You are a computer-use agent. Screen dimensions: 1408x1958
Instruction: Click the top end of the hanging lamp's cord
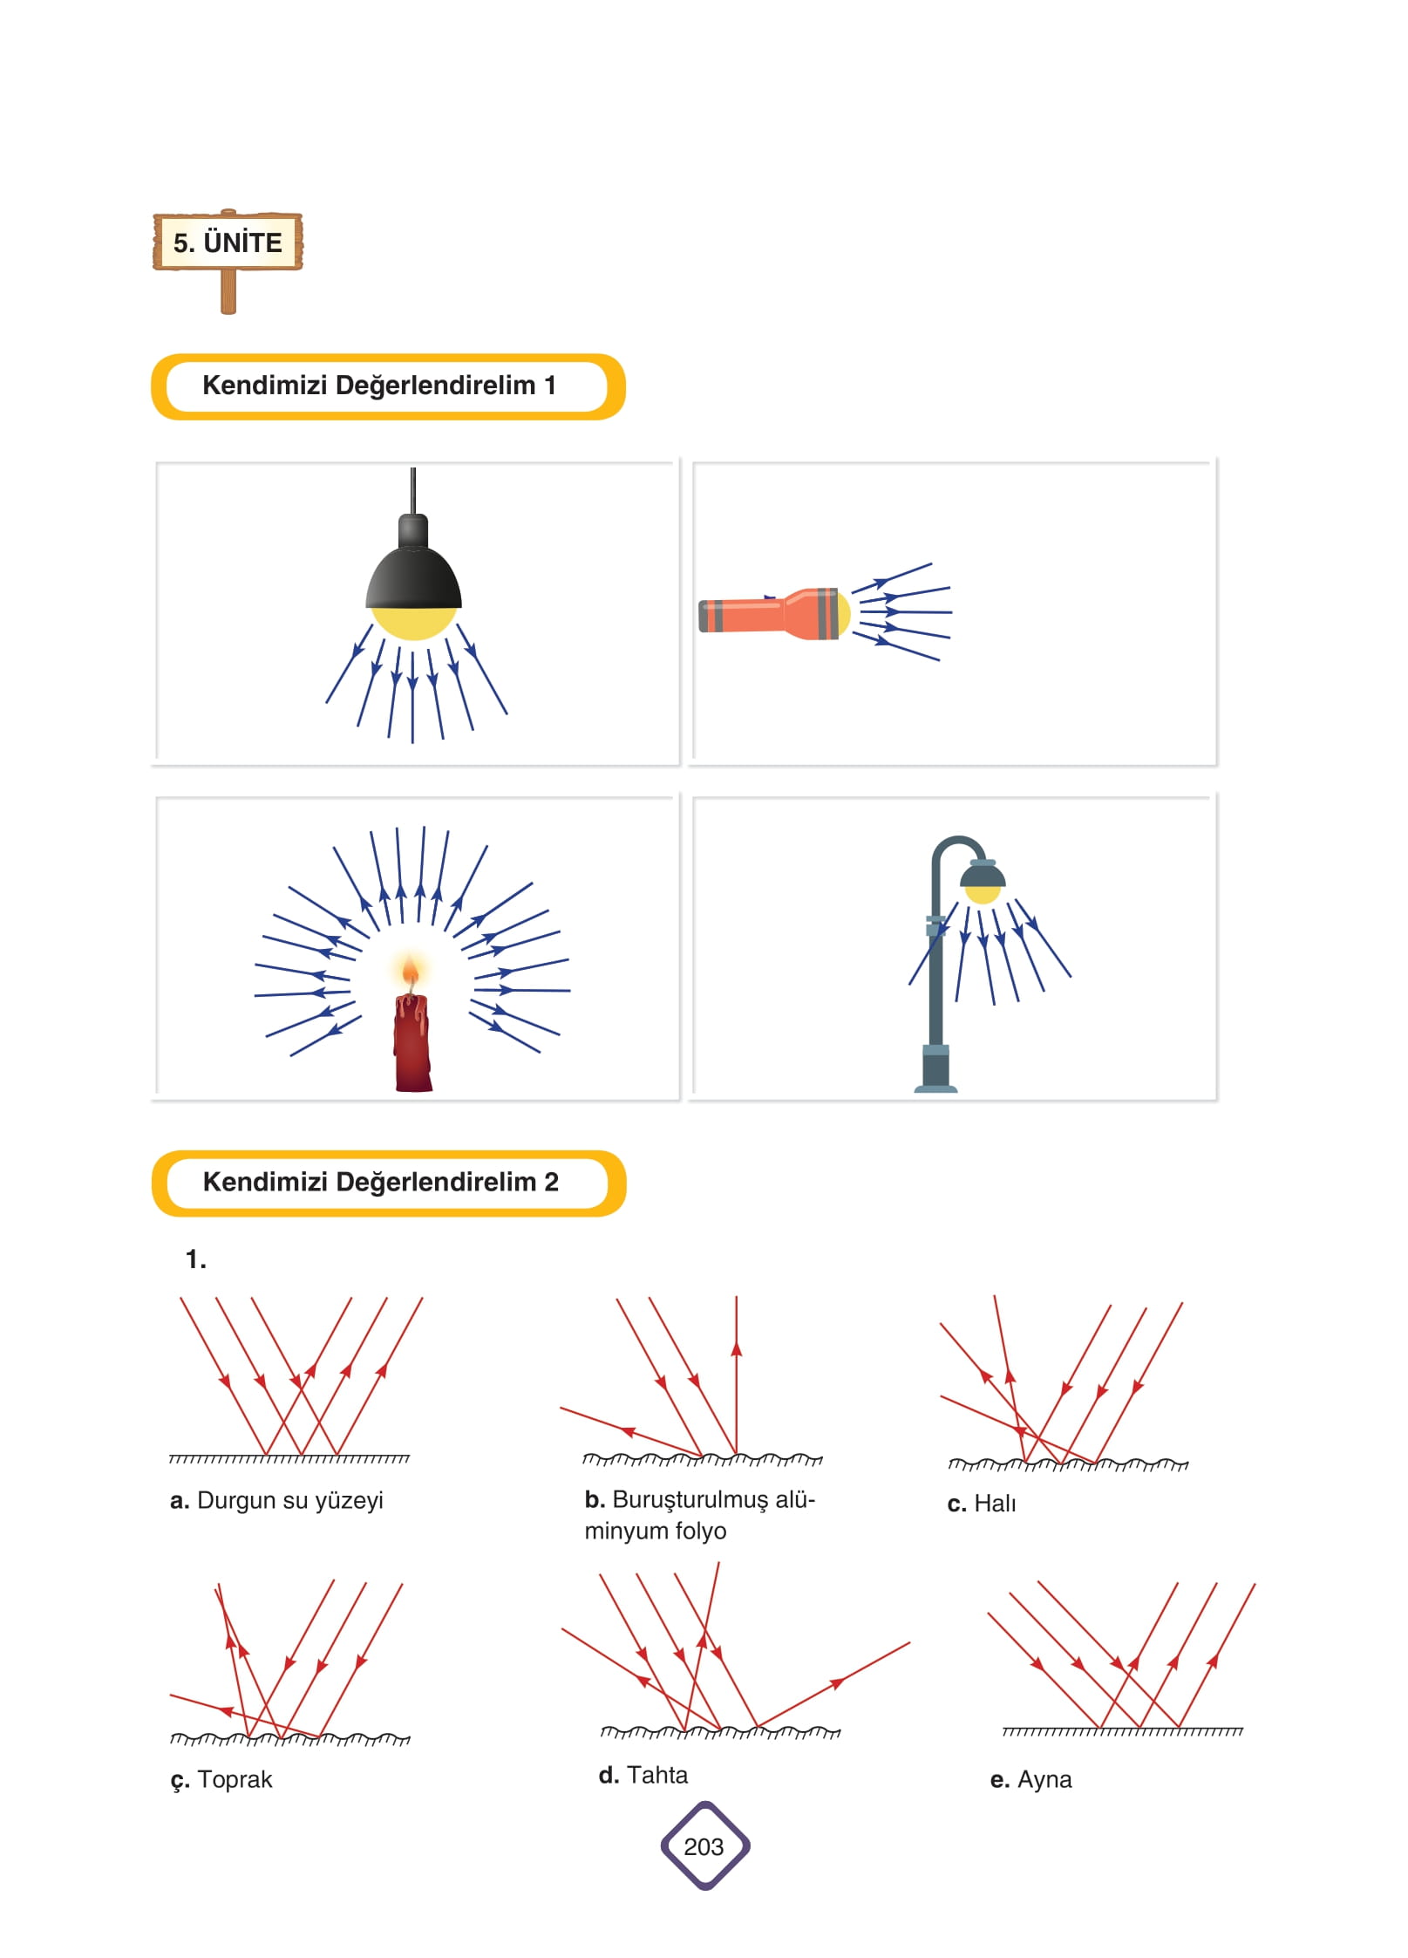(412, 468)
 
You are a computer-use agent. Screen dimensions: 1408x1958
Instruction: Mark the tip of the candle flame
(409, 955)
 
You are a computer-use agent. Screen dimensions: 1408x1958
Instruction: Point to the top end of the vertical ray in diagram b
(737, 1297)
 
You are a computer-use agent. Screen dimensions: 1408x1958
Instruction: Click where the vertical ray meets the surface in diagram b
(737, 1454)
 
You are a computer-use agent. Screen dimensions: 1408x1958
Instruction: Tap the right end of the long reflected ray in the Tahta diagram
(909, 1643)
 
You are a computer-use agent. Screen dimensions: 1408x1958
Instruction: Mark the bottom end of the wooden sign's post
(228, 311)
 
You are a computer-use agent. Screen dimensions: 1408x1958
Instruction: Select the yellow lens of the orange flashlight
(843, 614)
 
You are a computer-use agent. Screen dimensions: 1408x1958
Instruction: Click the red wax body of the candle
(412, 1043)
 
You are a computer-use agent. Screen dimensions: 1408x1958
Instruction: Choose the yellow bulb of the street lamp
(983, 894)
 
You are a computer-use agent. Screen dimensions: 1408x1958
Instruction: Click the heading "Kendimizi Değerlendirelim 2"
(381, 1182)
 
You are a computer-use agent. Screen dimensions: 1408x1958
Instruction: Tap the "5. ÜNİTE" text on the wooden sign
(228, 242)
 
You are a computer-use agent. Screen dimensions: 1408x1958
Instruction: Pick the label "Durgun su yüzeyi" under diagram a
(290, 1500)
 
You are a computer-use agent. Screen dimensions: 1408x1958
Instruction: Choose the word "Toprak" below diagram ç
(235, 1779)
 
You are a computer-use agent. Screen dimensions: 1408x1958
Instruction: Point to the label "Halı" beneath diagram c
(995, 1504)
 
